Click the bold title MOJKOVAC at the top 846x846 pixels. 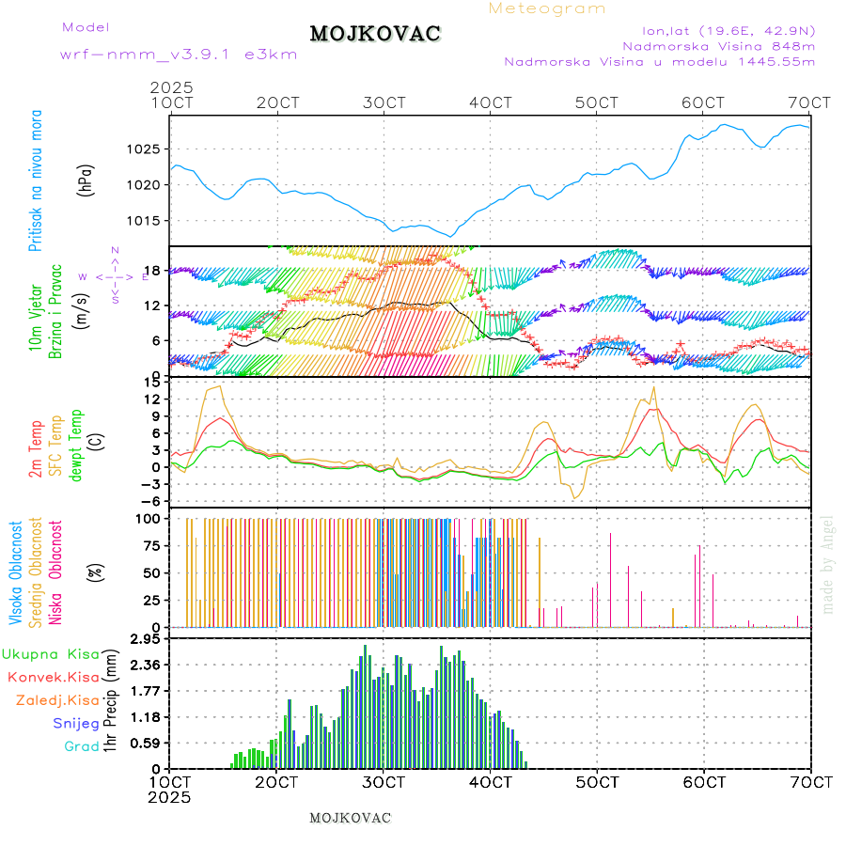click(x=375, y=34)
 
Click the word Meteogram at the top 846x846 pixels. click(x=547, y=8)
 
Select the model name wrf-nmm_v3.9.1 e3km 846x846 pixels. click(x=179, y=55)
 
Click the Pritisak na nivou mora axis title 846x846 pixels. click(x=36, y=180)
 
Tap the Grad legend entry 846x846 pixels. click(x=82, y=747)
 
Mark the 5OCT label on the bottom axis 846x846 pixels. click(x=597, y=780)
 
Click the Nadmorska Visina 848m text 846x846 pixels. click(x=719, y=45)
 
